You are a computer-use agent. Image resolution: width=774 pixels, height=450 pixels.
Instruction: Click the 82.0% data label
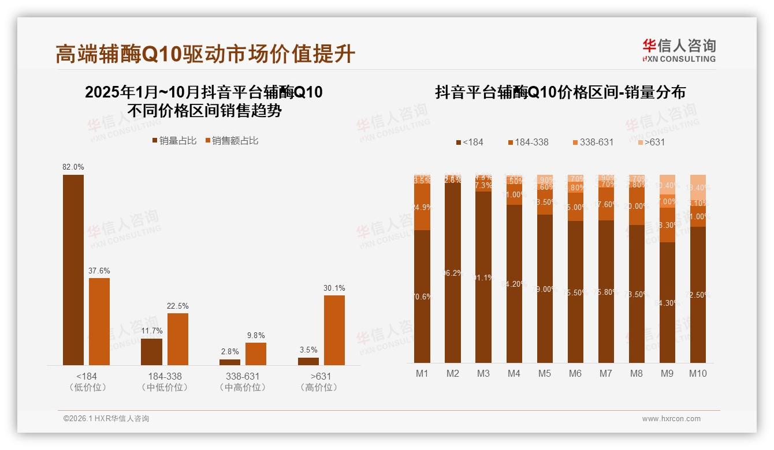[x=73, y=167]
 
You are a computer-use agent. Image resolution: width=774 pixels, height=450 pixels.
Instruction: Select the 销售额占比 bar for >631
[x=334, y=330]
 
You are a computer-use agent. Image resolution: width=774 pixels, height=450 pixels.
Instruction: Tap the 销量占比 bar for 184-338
[x=151, y=351]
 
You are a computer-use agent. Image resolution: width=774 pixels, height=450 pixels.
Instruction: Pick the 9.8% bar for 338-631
[x=256, y=354]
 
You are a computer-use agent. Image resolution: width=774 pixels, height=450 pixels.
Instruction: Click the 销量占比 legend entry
[x=174, y=141]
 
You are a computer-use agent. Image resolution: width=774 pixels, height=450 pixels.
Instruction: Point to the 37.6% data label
[x=99, y=271]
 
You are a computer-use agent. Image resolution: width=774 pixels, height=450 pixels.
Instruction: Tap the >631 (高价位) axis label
[x=318, y=381]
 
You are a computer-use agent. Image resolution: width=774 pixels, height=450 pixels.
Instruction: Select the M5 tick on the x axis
[x=544, y=373]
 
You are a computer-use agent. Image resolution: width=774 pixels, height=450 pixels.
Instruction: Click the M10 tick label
[x=698, y=373]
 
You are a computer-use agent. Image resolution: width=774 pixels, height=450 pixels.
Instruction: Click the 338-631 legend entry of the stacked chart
[x=593, y=142]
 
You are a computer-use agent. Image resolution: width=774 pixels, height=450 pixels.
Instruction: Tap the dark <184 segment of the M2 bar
[x=453, y=272]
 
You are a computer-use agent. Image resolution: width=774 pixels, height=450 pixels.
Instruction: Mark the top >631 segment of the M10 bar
[x=698, y=186]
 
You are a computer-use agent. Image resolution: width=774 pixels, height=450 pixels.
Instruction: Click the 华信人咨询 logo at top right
[x=679, y=50]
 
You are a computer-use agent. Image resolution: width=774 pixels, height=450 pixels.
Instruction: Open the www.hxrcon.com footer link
[x=671, y=419]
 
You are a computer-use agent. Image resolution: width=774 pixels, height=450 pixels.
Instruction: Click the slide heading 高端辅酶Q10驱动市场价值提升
[x=205, y=54]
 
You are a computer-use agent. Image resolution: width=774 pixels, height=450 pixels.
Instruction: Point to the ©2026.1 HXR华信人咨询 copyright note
[x=106, y=419]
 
